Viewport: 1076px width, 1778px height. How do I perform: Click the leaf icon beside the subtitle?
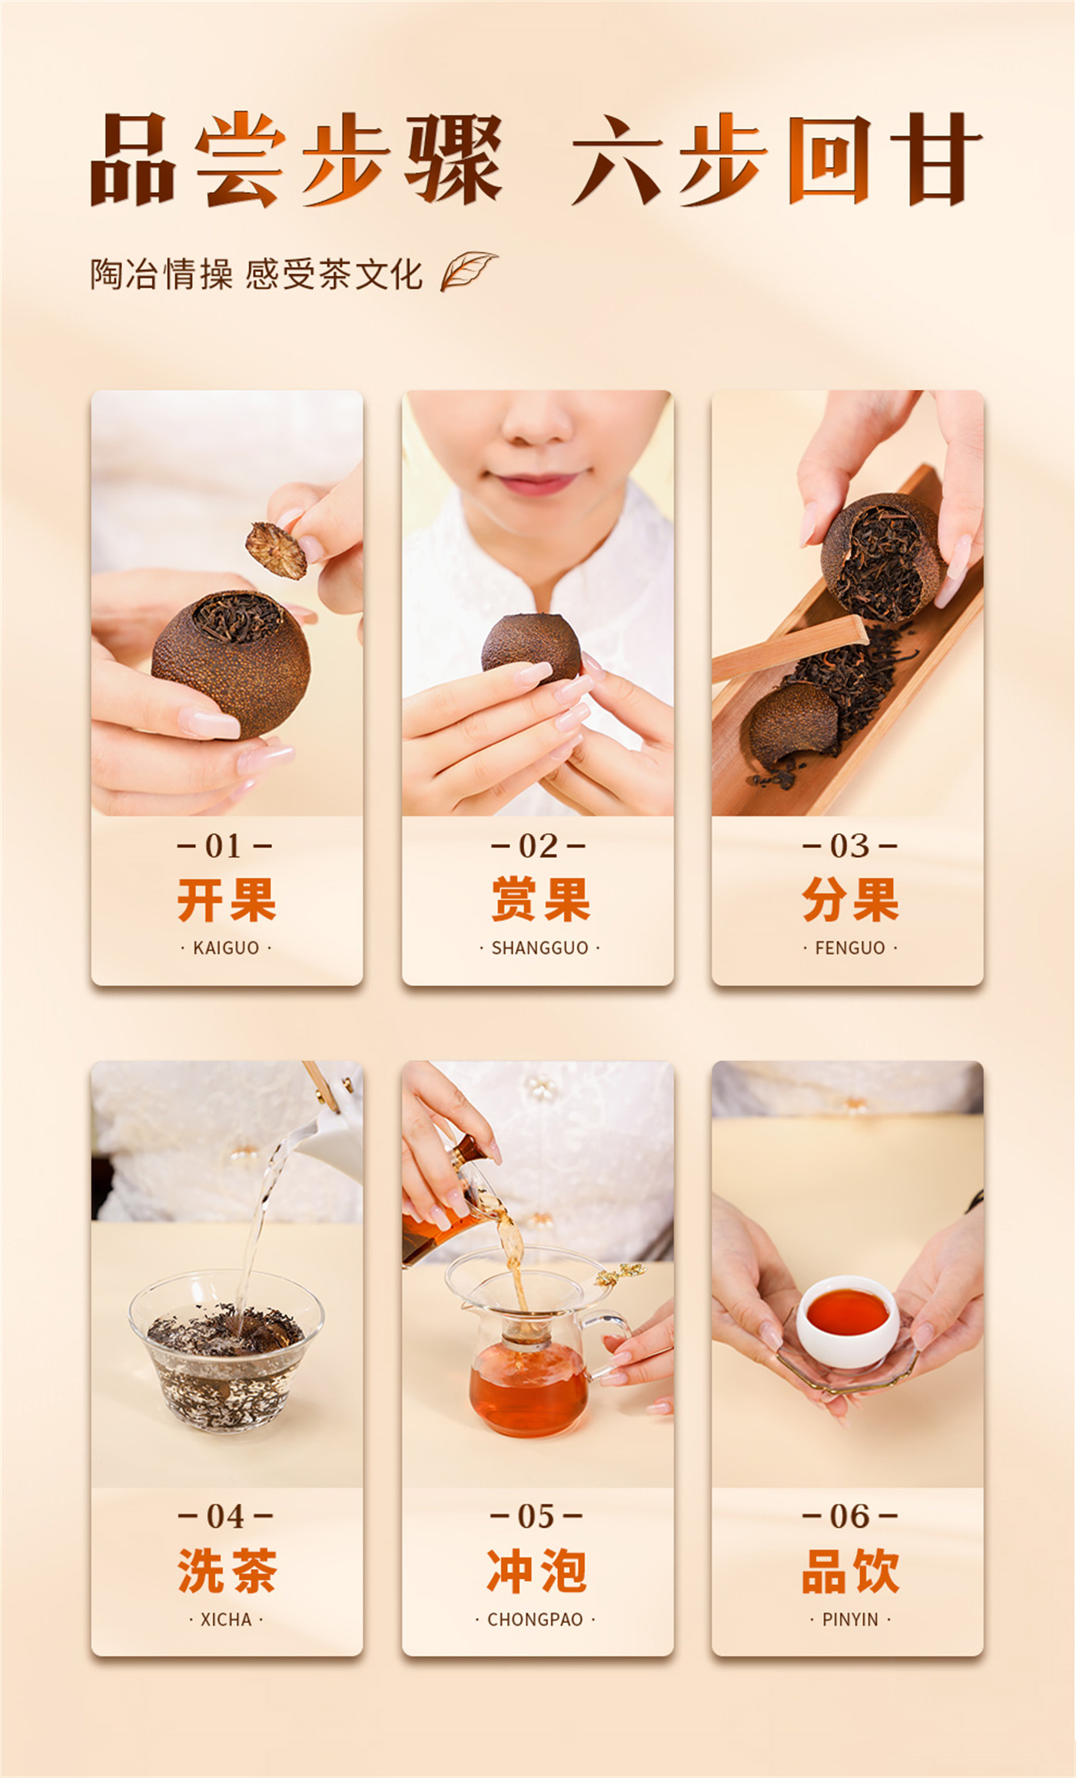pos(468,271)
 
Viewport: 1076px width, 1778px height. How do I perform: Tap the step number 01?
pos(224,846)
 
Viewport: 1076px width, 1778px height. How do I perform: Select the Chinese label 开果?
pos(227,899)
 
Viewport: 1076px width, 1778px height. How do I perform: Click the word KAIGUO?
pos(226,948)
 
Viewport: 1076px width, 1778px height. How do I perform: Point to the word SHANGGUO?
pos(540,948)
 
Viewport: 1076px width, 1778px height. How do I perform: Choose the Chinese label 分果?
pos(850,899)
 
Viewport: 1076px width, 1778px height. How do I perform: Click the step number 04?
pos(225,1517)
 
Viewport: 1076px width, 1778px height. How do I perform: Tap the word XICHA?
pos(226,1620)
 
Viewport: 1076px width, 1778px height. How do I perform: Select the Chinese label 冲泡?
pos(537,1570)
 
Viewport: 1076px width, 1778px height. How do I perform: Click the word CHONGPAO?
pos(535,1620)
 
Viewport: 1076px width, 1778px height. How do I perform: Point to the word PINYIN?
pos(850,1620)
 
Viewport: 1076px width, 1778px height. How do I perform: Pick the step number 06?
pos(850,1517)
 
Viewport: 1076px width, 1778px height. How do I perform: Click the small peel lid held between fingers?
pos(276,550)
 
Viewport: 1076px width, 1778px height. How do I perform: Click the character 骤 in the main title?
pos(454,159)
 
